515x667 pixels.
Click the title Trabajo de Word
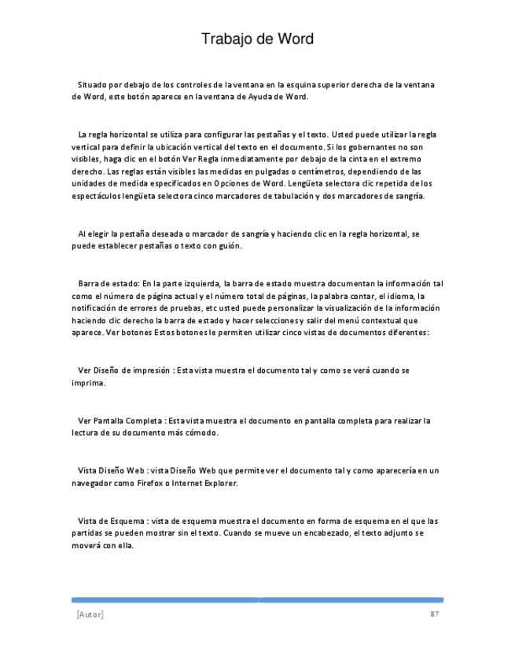point(257,39)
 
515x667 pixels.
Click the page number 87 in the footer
point(433,614)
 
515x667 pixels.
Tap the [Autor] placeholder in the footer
point(90,614)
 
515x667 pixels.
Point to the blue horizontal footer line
point(257,599)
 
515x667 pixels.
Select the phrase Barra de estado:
point(109,283)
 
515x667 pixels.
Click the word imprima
point(89,383)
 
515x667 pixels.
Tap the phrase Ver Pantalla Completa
point(120,421)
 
